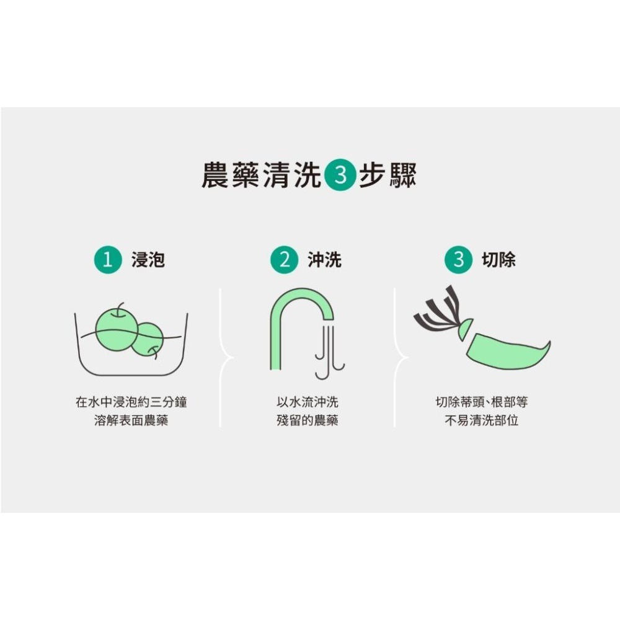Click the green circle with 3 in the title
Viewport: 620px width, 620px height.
[x=340, y=176]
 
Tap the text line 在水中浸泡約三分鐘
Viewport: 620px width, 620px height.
[x=131, y=402]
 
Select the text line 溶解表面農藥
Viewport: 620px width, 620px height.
[x=131, y=421]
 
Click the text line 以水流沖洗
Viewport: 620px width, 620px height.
[x=308, y=402]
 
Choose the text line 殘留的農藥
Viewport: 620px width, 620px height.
[x=308, y=421]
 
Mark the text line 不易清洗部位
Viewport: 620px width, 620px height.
[x=481, y=421]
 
